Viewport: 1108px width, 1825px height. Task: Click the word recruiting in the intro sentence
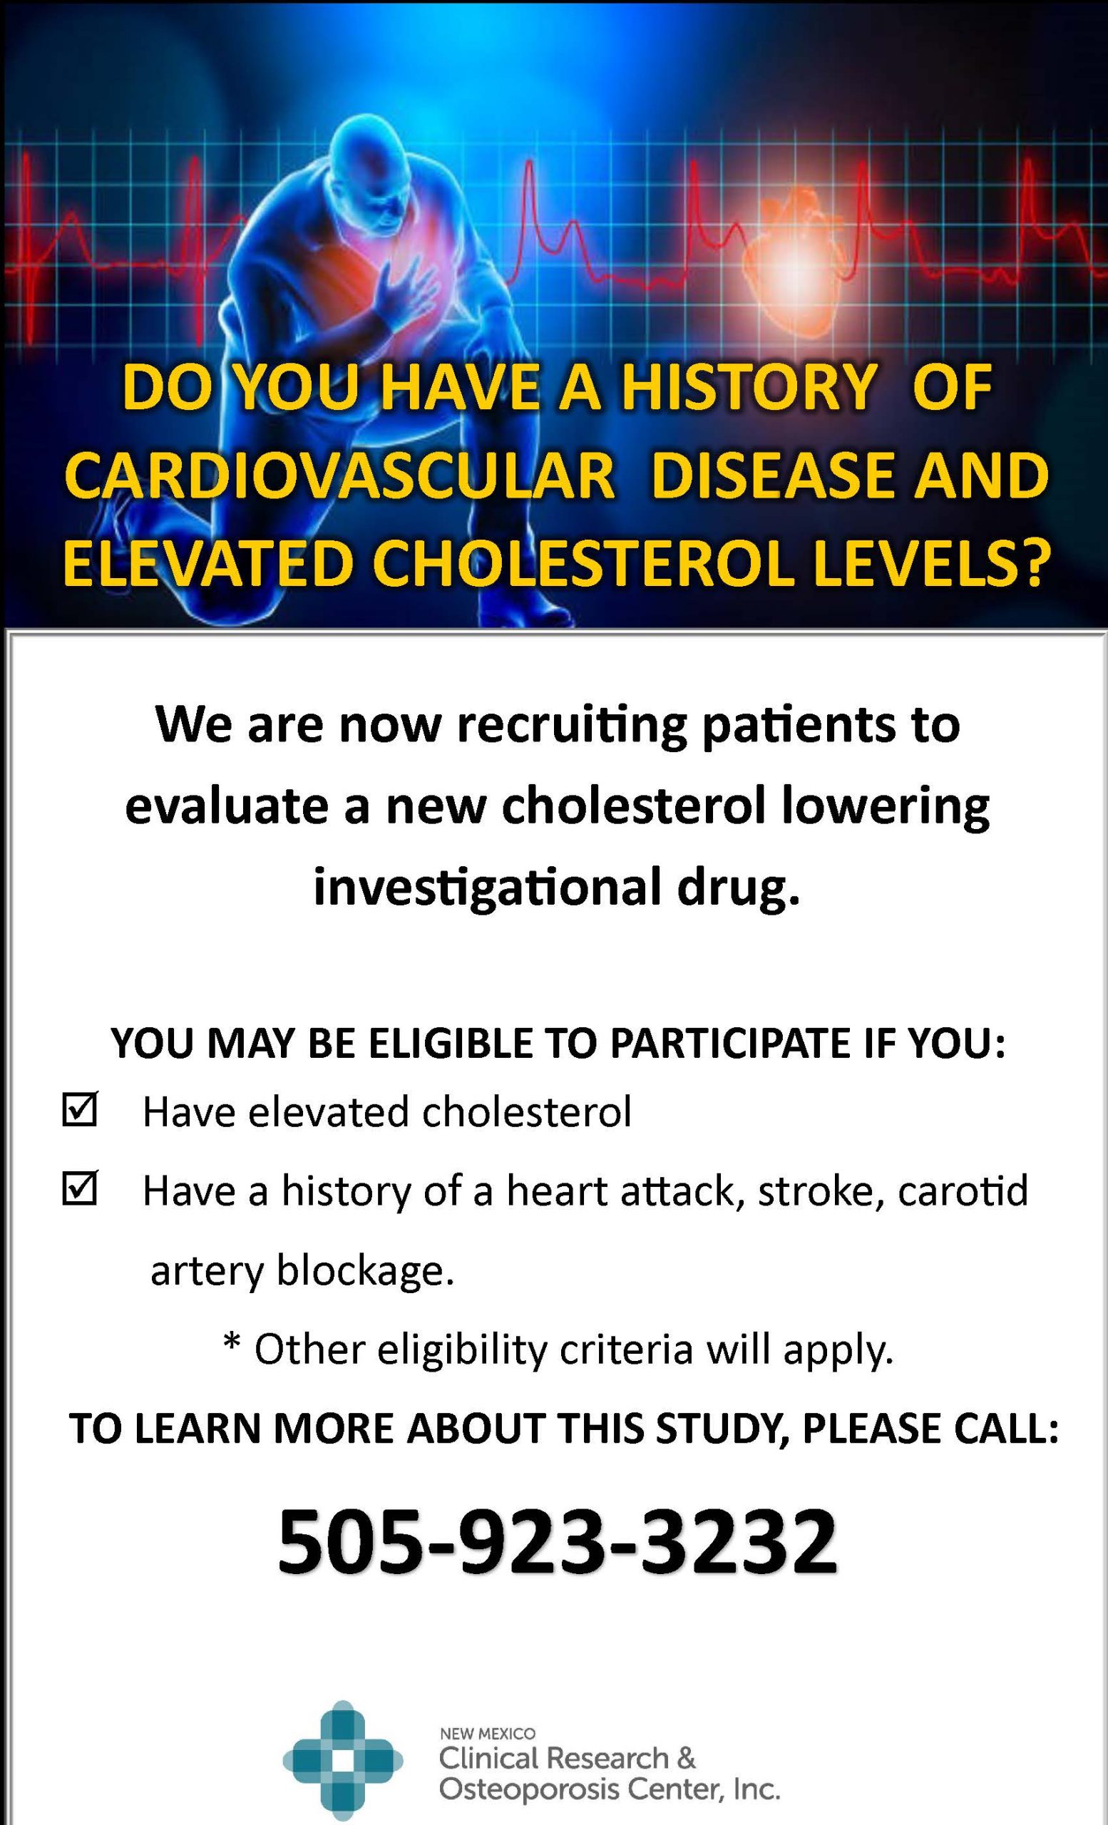(571, 726)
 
